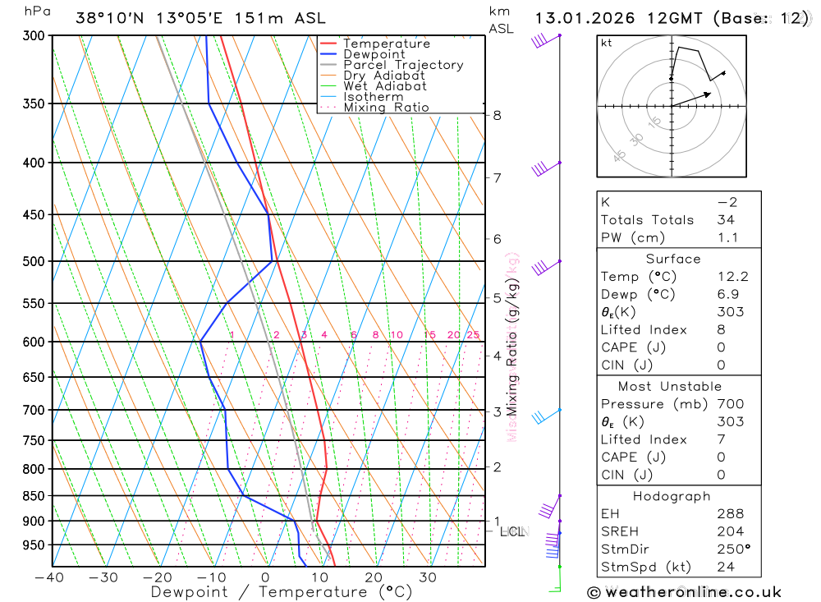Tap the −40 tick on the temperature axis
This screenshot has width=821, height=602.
coord(50,577)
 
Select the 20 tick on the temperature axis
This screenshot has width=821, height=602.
coord(374,577)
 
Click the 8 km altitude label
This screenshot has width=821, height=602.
coord(498,115)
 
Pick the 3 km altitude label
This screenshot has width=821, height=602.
coord(498,411)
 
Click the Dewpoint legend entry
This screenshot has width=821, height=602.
coord(374,54)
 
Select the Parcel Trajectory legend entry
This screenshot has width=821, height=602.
coord(403,65)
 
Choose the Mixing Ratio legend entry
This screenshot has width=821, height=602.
coord(386,108)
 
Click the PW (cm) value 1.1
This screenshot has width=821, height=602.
coord(727,238)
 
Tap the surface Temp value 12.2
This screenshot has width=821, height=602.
coord(732,277)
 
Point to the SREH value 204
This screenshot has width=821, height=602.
coord(729,531)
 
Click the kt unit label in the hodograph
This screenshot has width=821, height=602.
coord(607,43)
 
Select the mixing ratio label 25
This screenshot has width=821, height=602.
coord(473,335)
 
